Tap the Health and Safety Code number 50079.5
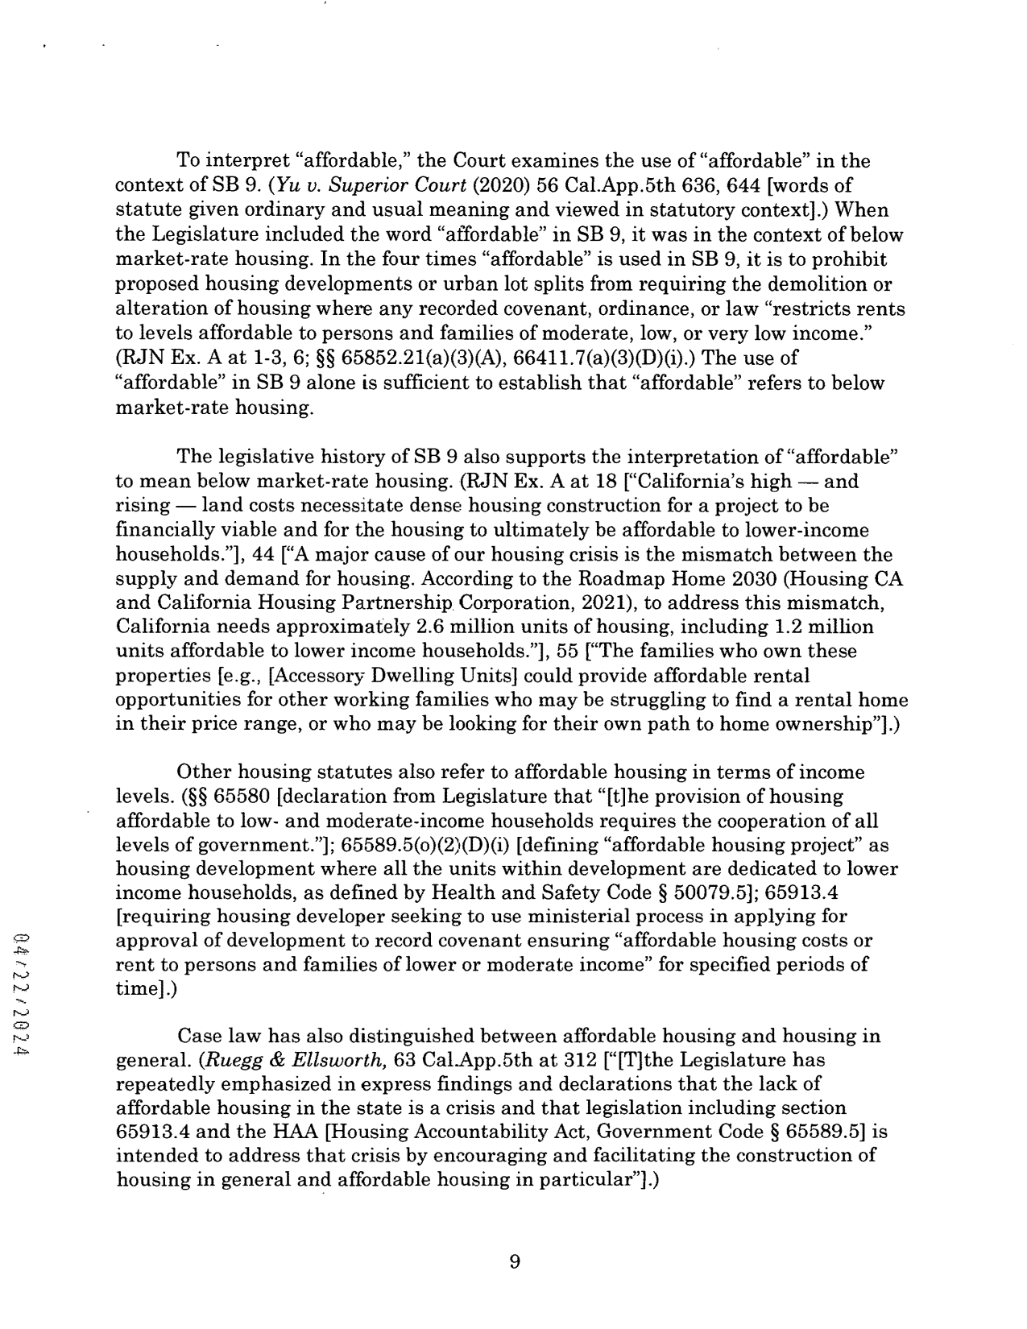[x=699, y=893]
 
